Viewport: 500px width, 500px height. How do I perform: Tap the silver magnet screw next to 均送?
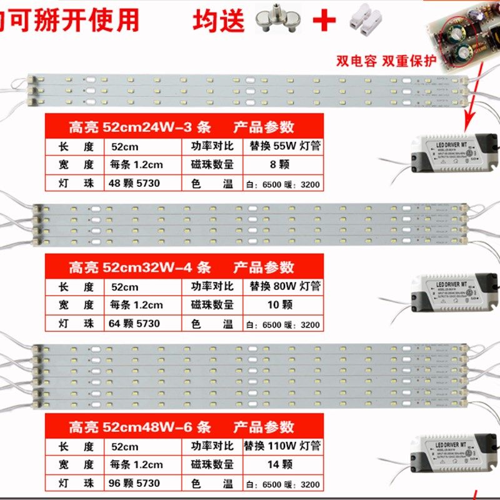[x=276, y=21]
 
